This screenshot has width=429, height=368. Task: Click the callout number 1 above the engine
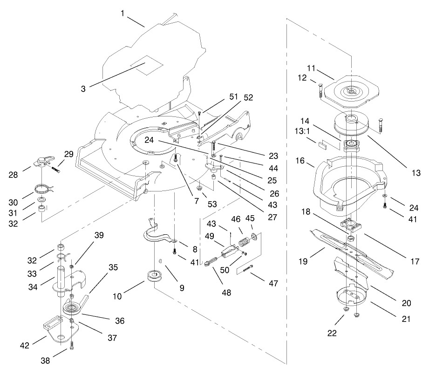tap(123, 14)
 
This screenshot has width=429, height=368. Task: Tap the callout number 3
tap(83, 89)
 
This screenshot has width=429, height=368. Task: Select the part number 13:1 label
tap(302, 131)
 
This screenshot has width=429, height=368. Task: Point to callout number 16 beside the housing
tap(300, 161)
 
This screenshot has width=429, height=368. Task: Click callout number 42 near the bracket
tap(25, 346)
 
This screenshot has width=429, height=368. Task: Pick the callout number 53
tap(212, 204)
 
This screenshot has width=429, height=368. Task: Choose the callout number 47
tap(273, 284)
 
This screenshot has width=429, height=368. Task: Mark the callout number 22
tap(332, 333)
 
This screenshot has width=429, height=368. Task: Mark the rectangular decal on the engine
tap(147, 65)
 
